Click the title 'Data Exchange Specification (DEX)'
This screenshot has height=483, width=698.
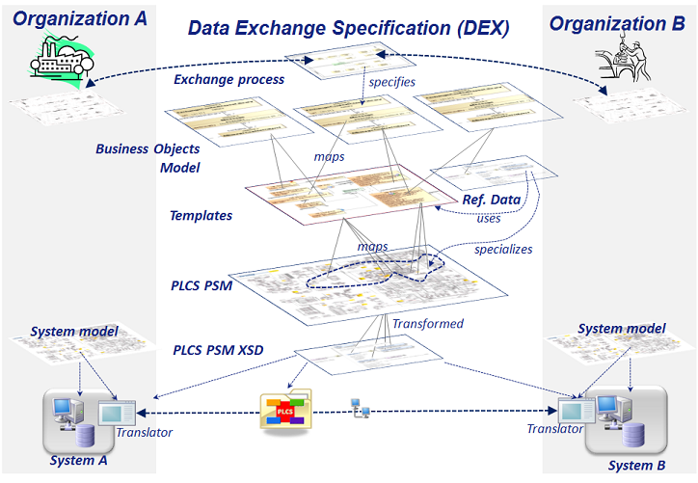coord(349,28)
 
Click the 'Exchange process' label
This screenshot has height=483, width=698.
coord(228,79)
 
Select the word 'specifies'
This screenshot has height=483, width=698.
coord(391,82)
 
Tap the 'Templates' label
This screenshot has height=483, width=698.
coord(201,215)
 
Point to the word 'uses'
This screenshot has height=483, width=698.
coord(489,218)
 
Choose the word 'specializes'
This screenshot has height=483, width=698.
coord(503,249)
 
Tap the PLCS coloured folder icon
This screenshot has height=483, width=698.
coord(285,411)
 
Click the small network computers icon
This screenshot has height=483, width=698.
coord(361,411)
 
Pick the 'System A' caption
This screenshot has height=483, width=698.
coord(79,460)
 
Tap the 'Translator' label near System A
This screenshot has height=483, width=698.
coord(144,432)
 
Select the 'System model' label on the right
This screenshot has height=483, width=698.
coord(621,329)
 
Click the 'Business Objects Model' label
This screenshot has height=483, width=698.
coord(148,158)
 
